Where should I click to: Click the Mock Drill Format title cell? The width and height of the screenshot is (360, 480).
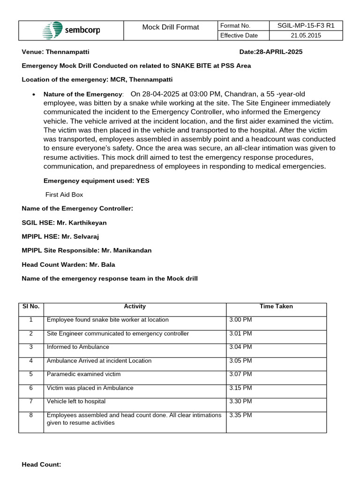point(171,27)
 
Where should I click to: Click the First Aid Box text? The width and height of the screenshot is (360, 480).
point(64,195)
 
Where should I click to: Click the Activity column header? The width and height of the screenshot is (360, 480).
point(135,307)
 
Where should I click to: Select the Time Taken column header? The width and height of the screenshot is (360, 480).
point(276,307)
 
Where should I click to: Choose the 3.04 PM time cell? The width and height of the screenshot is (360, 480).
point(240,347)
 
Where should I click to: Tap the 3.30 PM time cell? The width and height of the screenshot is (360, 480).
point(240,402)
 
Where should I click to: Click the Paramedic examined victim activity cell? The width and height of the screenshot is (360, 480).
point(83,375)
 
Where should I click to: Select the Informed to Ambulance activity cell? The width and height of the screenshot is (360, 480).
point(78,347)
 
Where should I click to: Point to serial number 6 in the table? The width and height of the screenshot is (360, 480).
point(31,388)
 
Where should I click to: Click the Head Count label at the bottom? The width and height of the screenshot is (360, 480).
point(41,465)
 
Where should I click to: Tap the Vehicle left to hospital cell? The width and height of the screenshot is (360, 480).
point(76,402)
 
